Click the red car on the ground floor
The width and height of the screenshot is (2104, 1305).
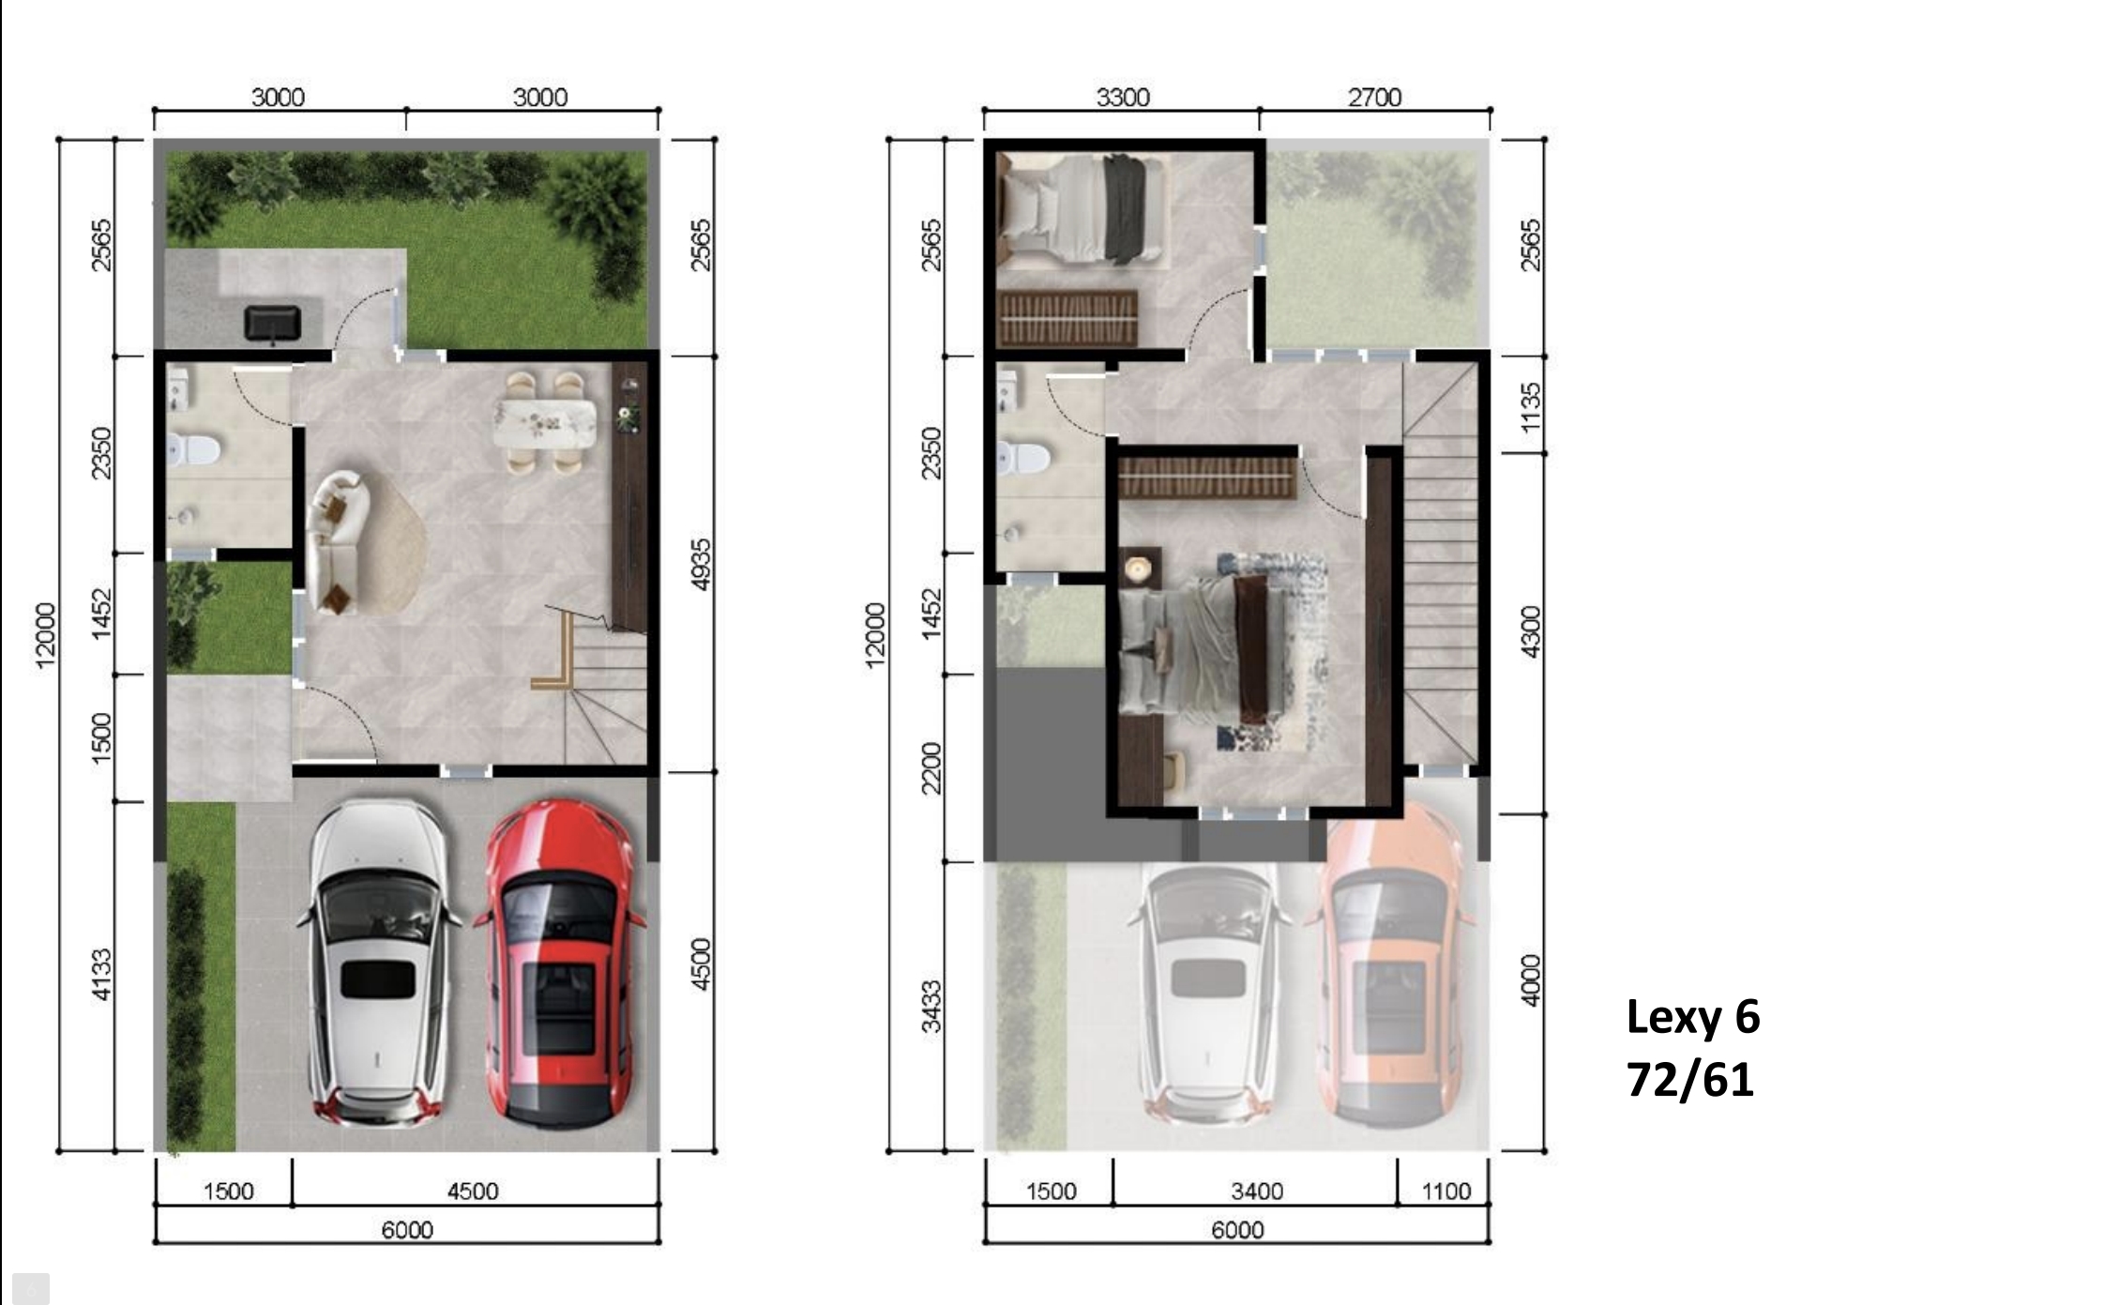(559, 963)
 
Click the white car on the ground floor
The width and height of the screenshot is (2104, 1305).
(379, 963)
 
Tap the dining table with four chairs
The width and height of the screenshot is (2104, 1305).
(545, 423)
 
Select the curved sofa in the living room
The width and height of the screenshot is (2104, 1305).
(338, 542)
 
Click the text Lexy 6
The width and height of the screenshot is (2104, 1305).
(1693, 1018)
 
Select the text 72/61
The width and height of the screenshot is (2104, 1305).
(1690, 1080)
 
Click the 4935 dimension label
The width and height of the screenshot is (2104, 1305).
(701, 565)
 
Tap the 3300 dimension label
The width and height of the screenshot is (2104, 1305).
(1123, 98)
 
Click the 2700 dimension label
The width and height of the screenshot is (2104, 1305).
(1374, 98)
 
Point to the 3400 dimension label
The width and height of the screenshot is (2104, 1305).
(1256, 1191)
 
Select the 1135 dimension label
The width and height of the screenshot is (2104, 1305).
(1531, 408)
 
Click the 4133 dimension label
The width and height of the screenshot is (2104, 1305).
(101, 975)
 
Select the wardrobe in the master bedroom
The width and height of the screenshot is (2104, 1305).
(1208, 478)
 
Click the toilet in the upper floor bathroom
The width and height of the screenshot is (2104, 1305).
(1022, 459)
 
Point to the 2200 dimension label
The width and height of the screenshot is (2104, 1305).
(931, 767)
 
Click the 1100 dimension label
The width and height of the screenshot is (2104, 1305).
(1446, 1191)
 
